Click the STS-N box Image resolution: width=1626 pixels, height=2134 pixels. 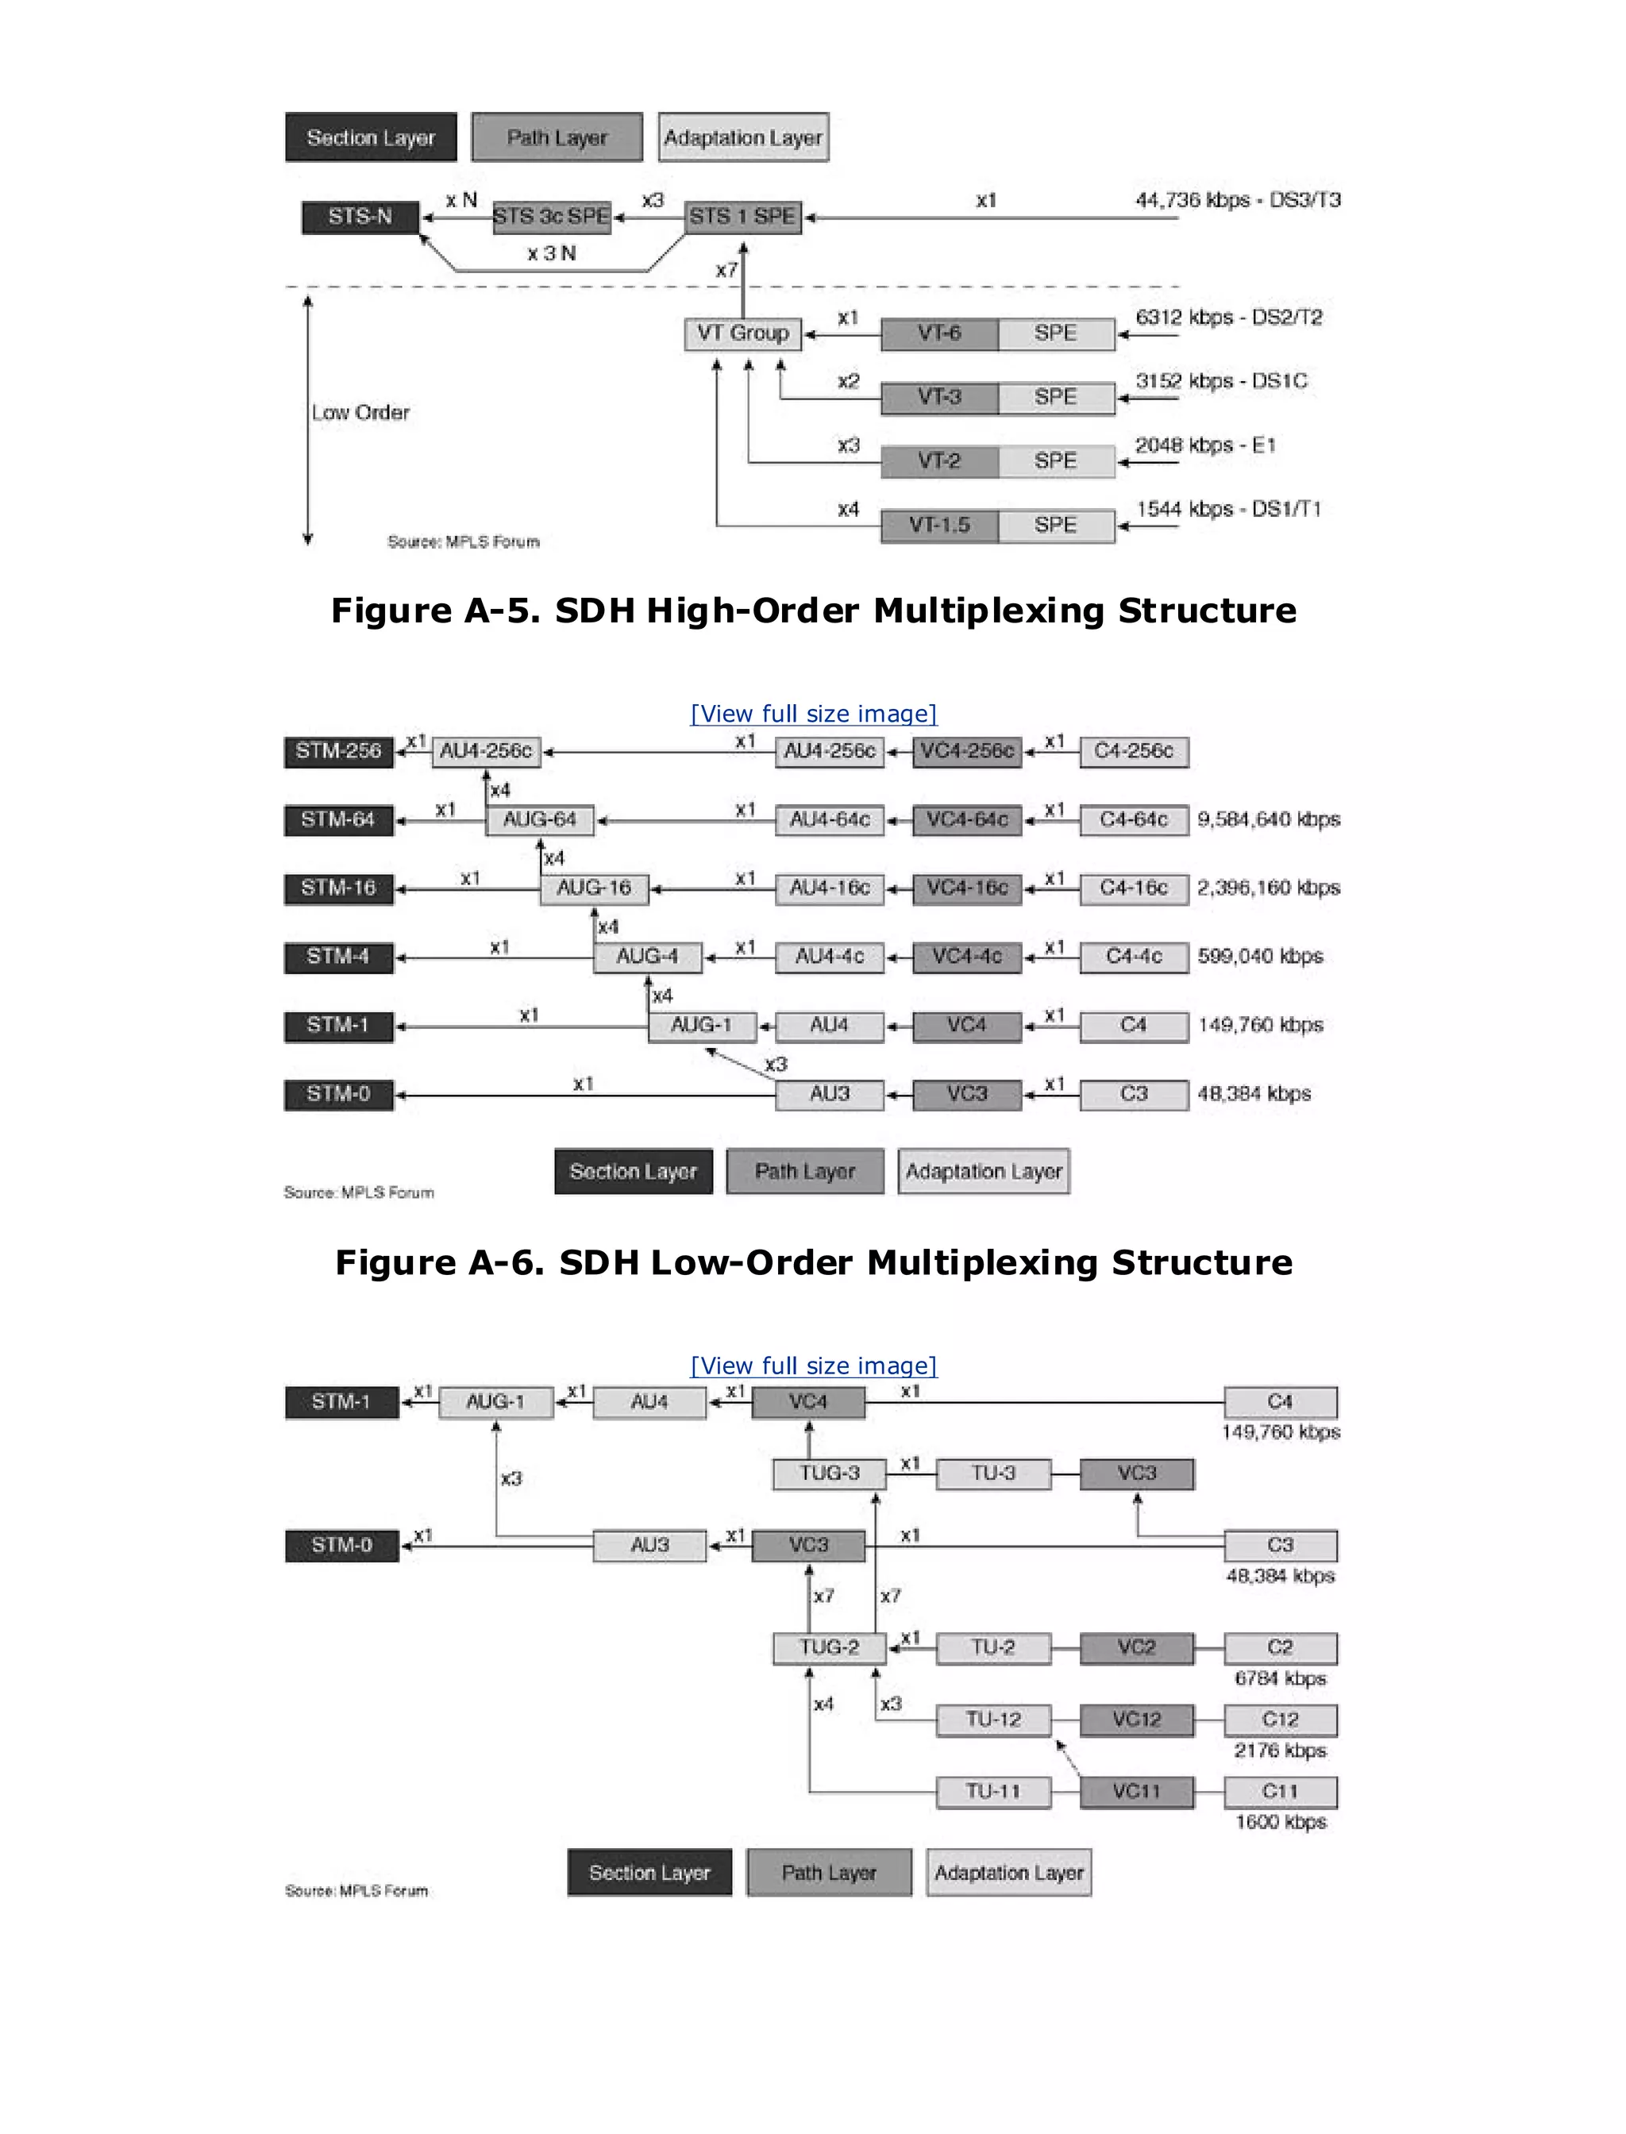pos(360,217)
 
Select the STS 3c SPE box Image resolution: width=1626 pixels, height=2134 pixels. pos(551,217)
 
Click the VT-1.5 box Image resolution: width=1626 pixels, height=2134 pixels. pos(938,526)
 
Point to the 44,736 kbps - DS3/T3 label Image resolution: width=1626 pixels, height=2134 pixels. pos(1238,200)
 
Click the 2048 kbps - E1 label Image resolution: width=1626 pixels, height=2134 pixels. pos(1205,445)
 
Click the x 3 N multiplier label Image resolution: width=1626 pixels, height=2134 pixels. pos(552,253)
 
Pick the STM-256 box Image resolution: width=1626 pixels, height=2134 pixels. pos(339,751)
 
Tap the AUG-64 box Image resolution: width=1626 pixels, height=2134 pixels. pos(539,820)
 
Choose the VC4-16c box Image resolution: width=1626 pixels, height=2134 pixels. pos(967,888)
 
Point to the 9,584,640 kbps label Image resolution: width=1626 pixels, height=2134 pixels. pos(1269,820)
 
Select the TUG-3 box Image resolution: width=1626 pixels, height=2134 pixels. pos(830,1473)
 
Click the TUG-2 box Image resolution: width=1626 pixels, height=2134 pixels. pos(830,1647)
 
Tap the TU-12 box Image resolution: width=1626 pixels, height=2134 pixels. pos(993,1720)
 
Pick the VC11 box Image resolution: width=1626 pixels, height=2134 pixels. pos(1136,1791)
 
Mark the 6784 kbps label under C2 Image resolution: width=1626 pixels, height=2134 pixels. pos(1280,1678)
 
